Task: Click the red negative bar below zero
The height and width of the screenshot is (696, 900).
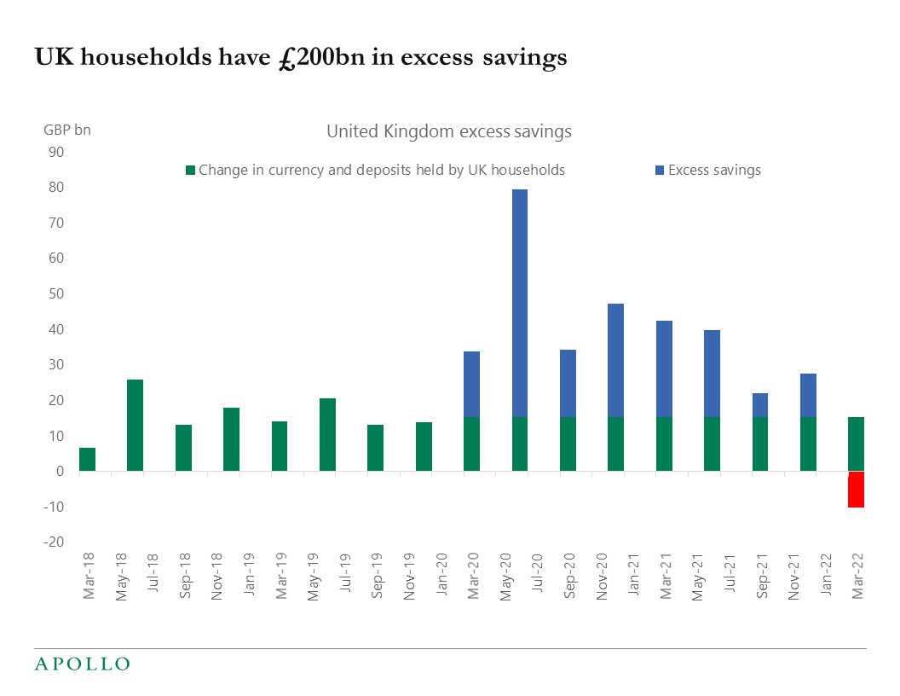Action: (856, 490)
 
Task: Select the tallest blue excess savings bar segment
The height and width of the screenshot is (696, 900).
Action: (520, 303)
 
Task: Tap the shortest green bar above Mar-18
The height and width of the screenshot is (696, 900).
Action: (87, 459)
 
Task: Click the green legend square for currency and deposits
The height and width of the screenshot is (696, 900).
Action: (190, 171)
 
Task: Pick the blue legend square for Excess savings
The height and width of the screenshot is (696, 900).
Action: (660, 171)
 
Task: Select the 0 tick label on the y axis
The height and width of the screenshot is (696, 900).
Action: (59, 471)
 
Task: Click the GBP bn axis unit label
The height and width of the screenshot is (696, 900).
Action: (66, 130)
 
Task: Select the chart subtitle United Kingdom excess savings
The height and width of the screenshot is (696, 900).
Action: (449, 131)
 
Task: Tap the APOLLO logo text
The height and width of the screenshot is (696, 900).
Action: (82, 664)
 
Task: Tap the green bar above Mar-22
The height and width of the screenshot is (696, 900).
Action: (856, 444)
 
